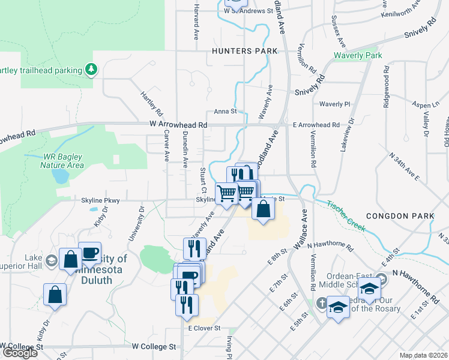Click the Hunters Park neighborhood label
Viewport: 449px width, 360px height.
(x=244, y=52)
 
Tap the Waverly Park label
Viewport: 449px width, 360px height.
(x=358, y=56)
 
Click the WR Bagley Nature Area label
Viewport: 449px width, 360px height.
(x=62, y=160)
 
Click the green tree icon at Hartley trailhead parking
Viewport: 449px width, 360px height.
(x=91, y=70)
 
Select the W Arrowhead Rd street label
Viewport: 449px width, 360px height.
(x=178, y=125)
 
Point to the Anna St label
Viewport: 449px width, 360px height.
(x=226, y=112)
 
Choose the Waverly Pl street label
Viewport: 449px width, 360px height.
(x=334, y=104)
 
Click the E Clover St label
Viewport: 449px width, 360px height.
(x=205, y=328)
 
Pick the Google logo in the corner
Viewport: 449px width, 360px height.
(x=20, y=353)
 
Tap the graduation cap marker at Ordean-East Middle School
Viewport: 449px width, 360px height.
(x=370, y=289)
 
